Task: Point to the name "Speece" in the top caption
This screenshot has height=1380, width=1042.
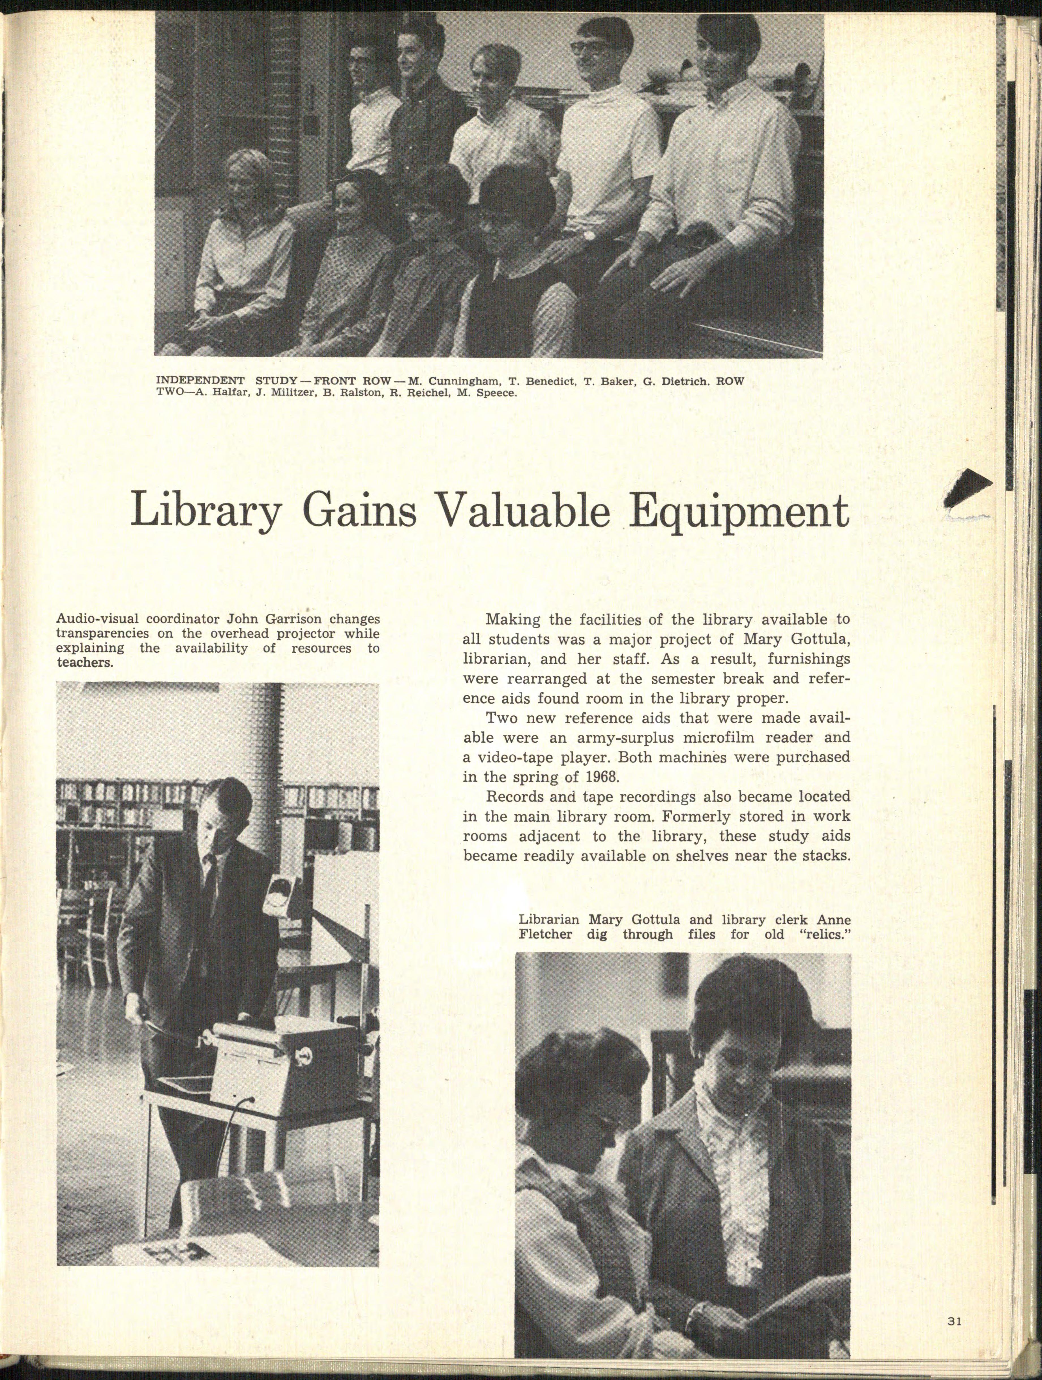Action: pos(496,394)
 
